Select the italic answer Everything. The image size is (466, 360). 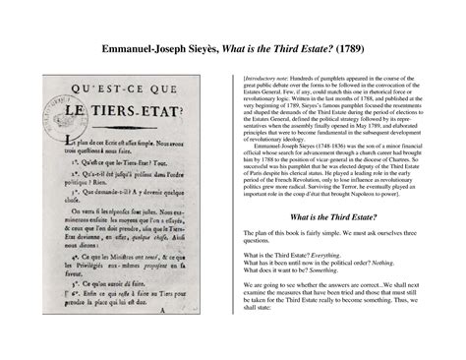coord(333,255)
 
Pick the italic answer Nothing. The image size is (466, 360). coord(384,263)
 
